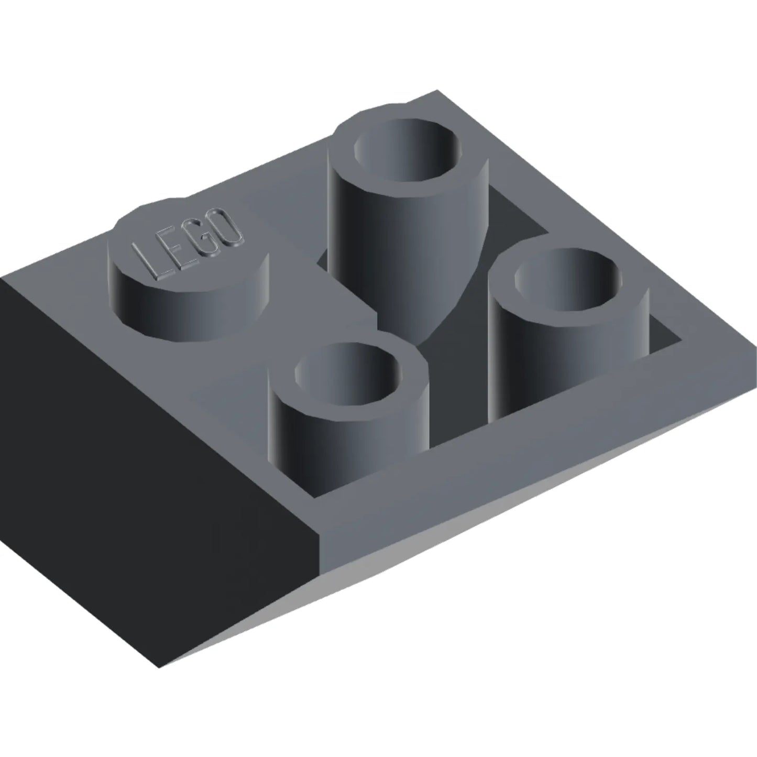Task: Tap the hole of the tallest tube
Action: (x=407, y=151)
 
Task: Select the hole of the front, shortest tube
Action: (x=348, y=373)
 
